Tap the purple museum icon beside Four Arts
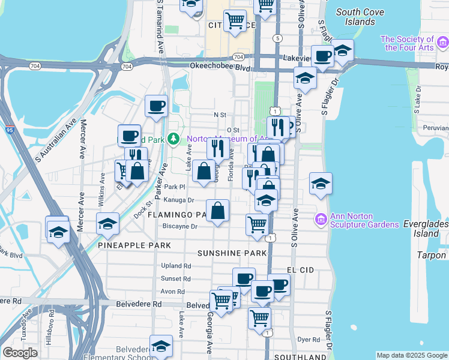click(x=443, y=42)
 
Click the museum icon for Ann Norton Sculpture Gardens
click(x=321, y=220)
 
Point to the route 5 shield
click(x=277, y=38)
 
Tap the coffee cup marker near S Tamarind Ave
click(x=157, y=106)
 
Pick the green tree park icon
click(x=174, y=139)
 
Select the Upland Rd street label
click(x=176, y=266)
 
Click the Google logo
click(x=20, y=352)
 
